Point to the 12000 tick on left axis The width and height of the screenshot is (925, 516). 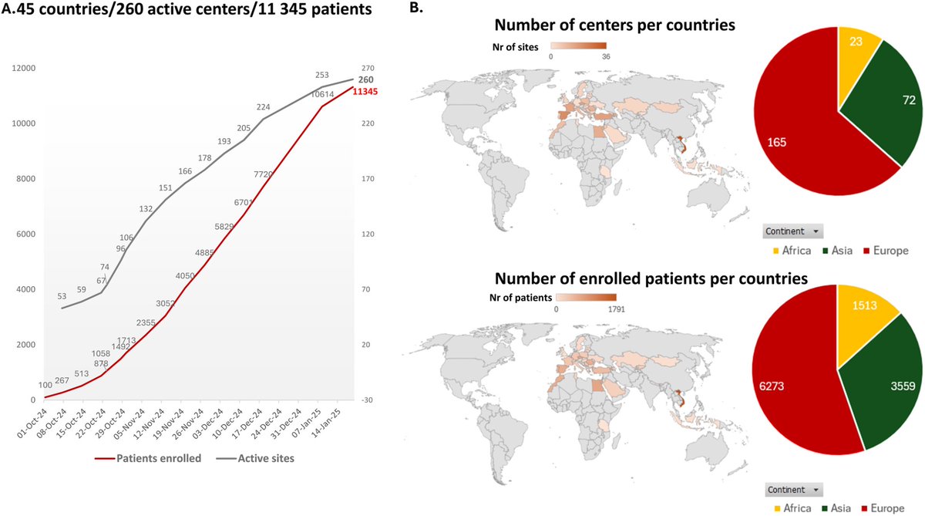coord(25,68)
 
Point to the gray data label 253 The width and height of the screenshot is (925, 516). coord(322,76)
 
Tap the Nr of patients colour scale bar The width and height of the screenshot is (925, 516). coord(586,296)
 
